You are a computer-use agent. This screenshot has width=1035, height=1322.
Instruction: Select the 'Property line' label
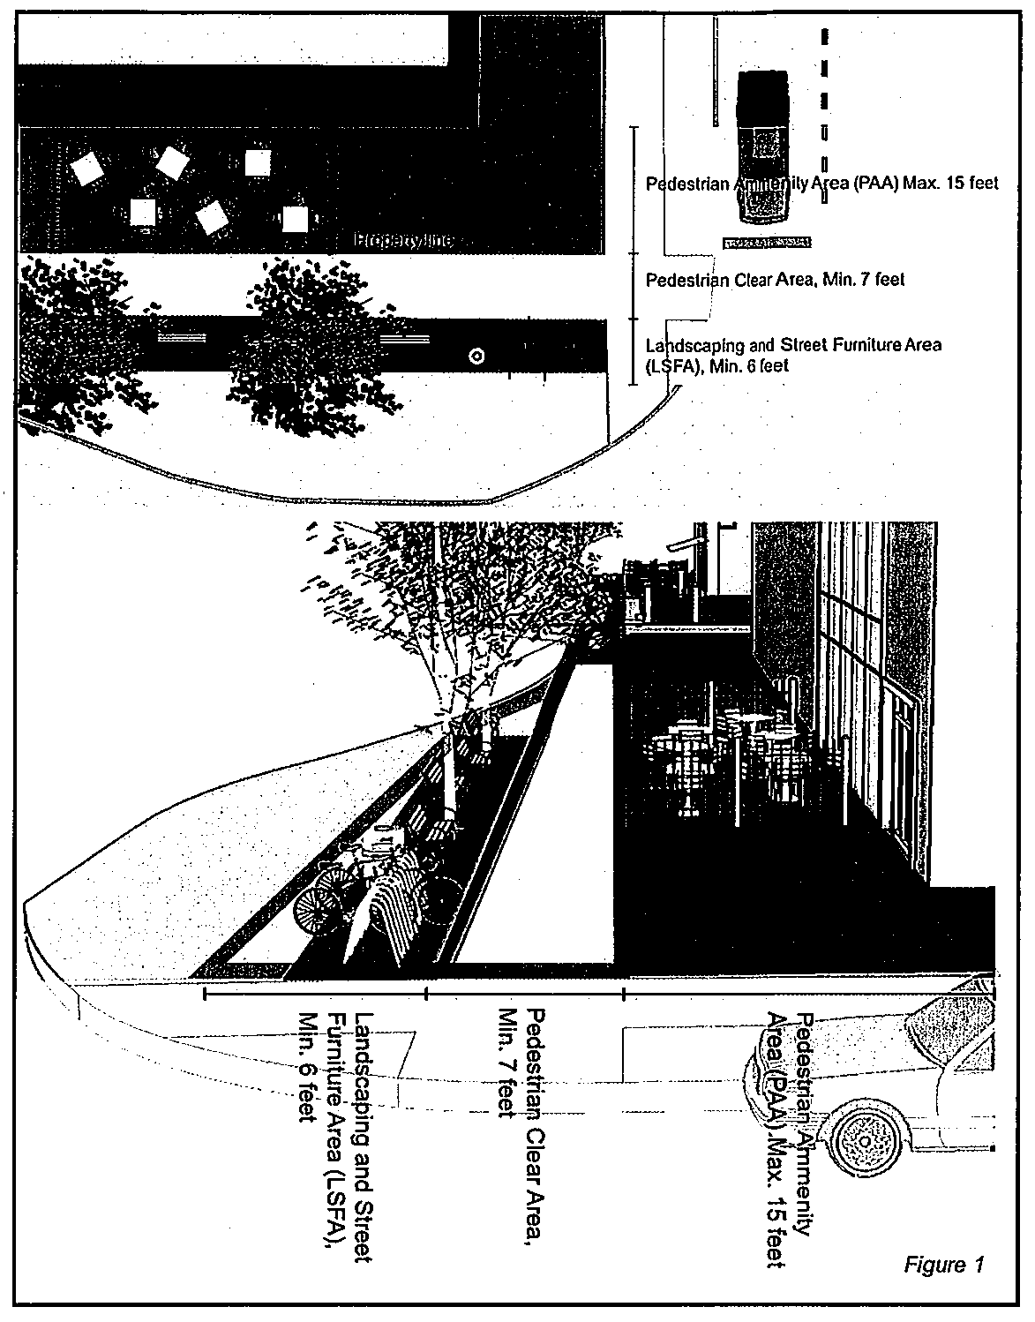403,240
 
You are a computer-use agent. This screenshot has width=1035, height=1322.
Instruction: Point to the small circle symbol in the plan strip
476,357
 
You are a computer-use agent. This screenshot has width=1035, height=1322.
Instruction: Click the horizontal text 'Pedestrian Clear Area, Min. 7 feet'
775,281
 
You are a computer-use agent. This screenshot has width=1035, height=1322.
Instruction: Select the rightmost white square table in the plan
294,218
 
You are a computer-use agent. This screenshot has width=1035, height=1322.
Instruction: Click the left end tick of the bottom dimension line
205,994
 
